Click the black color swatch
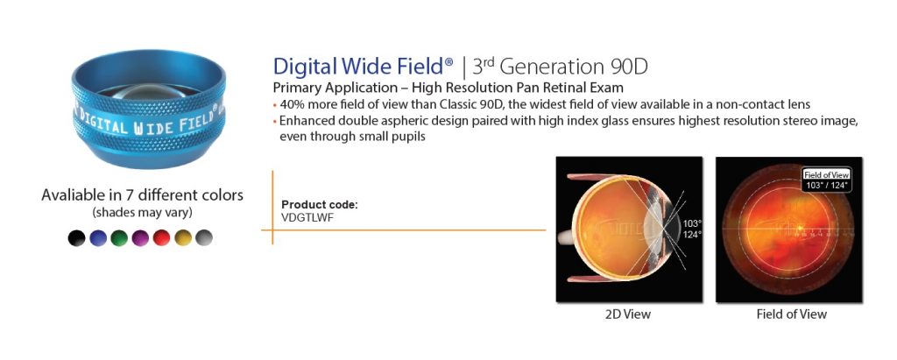pyautogui.click(x=77, y=237)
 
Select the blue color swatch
pyautogui.click(x=98, y=237)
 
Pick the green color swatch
pyautogui.click(x=119, y=237)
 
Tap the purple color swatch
pyautogui.click(x=140, y=237)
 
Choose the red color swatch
pyautogui.click(x=161, y=237)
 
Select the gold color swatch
pyautogui.click(x=182, y=237)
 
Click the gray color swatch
pyautogui.click(x=203, y=237)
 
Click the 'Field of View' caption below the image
pyautogui.click(x=791, y=314)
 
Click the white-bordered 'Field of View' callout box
pyautogui.click(x=828, y=180)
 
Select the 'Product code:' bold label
pyautogui.click(x=320, y=205)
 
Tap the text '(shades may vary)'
pyautogui.click(x=142, y=212)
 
